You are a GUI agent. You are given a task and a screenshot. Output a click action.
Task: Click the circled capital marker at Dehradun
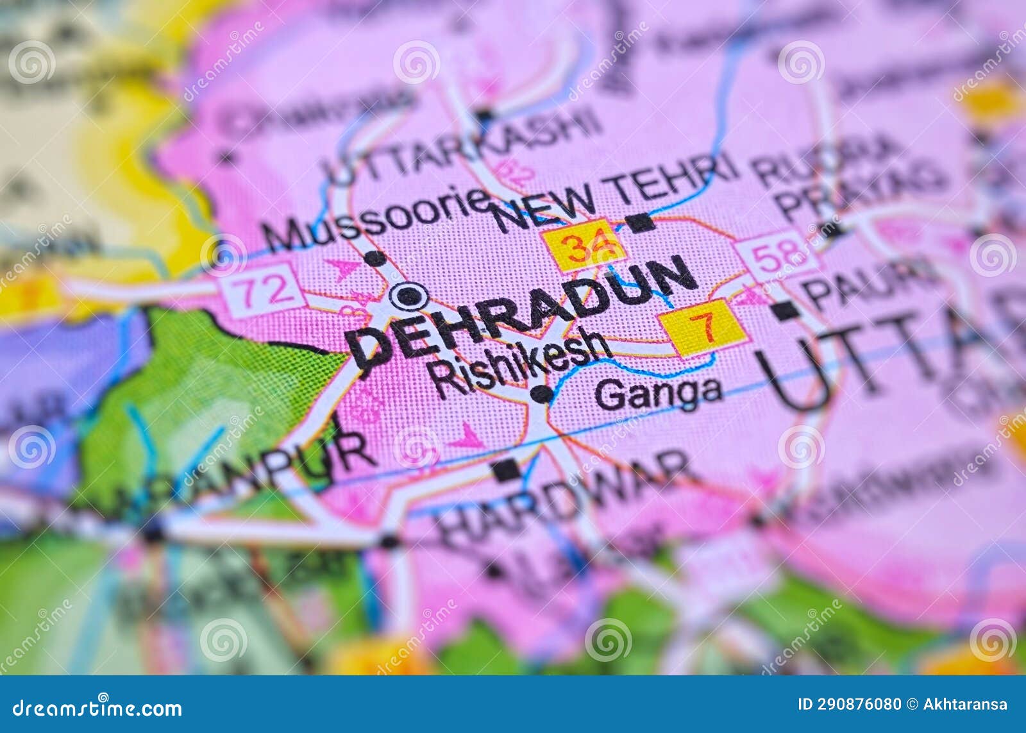410,296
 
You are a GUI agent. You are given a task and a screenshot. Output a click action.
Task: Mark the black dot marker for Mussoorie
375,258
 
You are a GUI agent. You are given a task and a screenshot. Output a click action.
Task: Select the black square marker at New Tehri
640,223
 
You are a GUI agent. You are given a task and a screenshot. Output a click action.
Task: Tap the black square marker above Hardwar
507,470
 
